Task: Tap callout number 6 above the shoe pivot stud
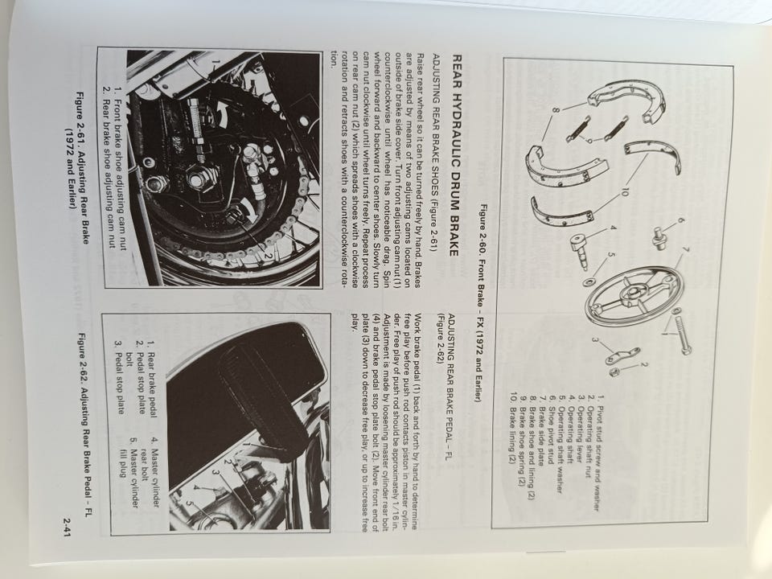(x=681, y=221)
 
